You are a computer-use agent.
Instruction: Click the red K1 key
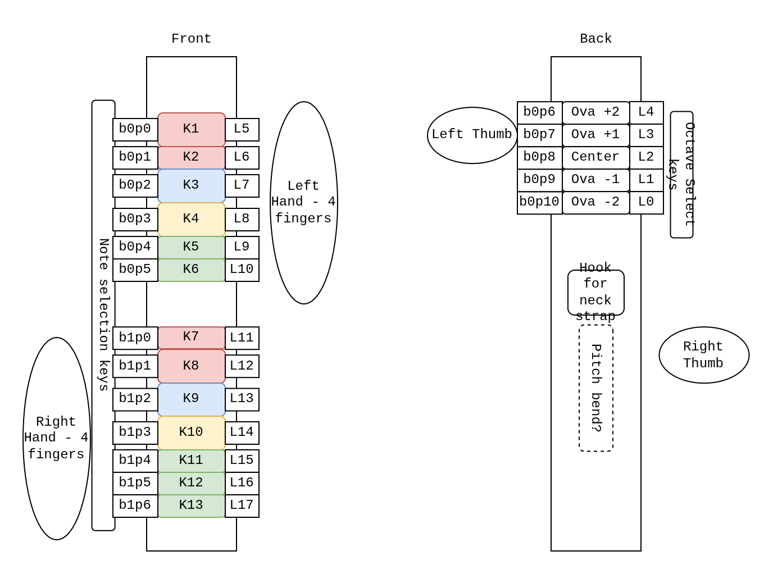(x=191, y=129)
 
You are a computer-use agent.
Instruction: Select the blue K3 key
(x=191, y=185)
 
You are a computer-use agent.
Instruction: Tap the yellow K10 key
(x=191, y=432)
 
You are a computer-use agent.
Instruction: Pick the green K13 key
(x=191, y=505)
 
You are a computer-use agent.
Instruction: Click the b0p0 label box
(x=135, y=129)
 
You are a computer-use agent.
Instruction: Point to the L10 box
(x=242, y=270)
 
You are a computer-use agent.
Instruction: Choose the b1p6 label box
(x=135, y=505)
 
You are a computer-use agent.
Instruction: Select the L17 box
(x=242, y=505)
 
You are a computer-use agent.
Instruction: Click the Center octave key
(x=595, y=157)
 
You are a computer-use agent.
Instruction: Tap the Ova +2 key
(x=595, y=112)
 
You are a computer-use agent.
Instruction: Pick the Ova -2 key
(x=595, y=202)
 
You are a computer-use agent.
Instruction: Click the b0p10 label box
(x=539, y=202)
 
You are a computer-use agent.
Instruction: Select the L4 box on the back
(x=646, y=112)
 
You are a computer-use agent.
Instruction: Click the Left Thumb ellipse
(x=472, y=135)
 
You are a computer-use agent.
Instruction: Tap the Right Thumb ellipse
(x=703, y=355)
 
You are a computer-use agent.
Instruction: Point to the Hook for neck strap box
(x=595, y=292)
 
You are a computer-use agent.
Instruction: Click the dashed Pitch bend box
(x=595, y=388)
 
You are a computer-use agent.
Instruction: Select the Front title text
(x=191, y=39)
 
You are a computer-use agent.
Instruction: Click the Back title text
(x=595, y=39)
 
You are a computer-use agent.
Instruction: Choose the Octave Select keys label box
(x=681, y=174)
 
